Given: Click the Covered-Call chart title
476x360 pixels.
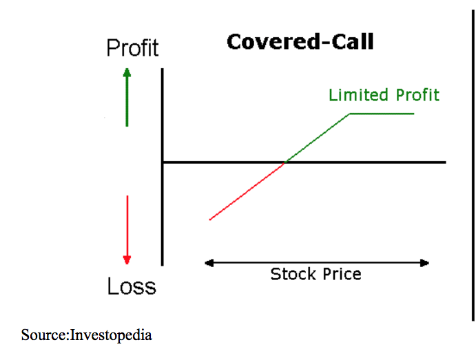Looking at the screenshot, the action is click(300, 41).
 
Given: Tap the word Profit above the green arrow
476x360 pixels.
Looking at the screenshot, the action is click(132, 48).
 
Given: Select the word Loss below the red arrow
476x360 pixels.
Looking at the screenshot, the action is click(132, 286).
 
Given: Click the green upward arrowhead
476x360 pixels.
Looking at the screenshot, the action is click(127, 72).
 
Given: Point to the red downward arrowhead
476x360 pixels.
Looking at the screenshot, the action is click(127, 260).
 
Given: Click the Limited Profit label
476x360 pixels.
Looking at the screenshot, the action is click(384, 95).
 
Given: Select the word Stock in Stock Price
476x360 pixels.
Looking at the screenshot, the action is click(293, 274).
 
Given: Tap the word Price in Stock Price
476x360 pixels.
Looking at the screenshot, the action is click(342, 274).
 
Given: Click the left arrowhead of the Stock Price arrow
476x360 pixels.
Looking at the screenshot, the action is click(209, 263).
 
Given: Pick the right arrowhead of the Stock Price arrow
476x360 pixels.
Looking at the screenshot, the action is click(425, 263).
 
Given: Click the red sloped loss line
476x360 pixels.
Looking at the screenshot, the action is click(247, 191).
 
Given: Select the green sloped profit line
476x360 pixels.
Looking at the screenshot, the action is click(318, 138).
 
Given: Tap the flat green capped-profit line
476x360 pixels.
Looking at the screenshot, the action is click(382, 114).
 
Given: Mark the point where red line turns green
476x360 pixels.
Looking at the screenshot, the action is click(284, 162).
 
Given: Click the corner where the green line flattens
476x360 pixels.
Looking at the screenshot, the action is click(350, 114).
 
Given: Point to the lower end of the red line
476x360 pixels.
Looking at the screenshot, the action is click(210, 220).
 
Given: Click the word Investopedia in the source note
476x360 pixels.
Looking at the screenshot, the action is click(111, 335).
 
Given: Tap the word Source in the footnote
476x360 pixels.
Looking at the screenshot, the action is click(43, 335).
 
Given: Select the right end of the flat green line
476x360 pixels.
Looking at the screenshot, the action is click(414, 114).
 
